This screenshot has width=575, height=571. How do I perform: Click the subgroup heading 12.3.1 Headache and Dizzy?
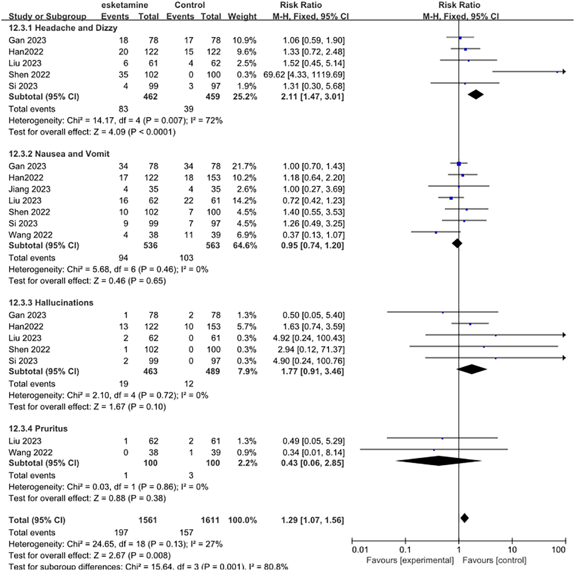pos(63,28)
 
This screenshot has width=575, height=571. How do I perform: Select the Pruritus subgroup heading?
pos(38,429)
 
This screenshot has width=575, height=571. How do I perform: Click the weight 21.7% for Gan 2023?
pos(244,166)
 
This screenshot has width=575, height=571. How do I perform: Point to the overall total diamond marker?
pos(465,518)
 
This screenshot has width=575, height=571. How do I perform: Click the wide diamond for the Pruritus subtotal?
pos(439,461)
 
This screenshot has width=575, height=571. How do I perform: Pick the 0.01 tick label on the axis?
pos(360,550)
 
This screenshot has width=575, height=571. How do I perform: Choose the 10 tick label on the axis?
pos(512,550)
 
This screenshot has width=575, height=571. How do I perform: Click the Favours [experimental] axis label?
pos(410,560)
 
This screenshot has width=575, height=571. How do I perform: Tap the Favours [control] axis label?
pos(494,560)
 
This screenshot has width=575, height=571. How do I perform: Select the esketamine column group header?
pos(125,5)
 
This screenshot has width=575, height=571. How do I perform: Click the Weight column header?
pos(242,17)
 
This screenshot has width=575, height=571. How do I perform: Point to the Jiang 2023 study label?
pos(30,189)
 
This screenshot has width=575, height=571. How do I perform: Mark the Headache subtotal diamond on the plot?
pos(476,95)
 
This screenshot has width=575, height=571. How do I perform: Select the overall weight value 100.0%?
pos(242,520)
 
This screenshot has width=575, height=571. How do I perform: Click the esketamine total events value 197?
pos(121,532)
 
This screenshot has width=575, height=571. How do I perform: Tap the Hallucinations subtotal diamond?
pos(472,369)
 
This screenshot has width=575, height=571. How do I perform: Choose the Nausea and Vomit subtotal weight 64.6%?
pos(244,246)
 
